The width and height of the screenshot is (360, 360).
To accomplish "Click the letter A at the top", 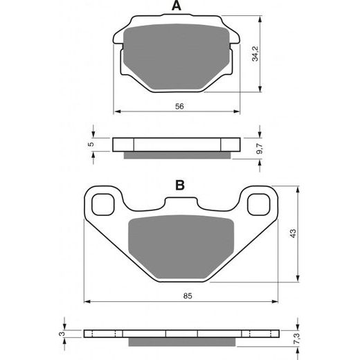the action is [177, 6].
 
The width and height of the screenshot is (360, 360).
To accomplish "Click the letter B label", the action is [180, 185].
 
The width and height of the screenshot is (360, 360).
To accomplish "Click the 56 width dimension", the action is [179, 107].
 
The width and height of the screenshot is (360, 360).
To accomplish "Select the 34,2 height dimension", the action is [255, 54].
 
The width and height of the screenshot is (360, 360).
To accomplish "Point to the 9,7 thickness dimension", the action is [260, 149].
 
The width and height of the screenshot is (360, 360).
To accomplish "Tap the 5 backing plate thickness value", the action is [91, 144].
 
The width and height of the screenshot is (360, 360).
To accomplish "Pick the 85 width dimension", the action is [188, 296].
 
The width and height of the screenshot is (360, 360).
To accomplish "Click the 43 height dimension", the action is [293, 233].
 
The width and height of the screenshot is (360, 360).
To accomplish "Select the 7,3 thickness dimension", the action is [297, 339].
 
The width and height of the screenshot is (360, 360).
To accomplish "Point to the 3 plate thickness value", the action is [62, 334].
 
